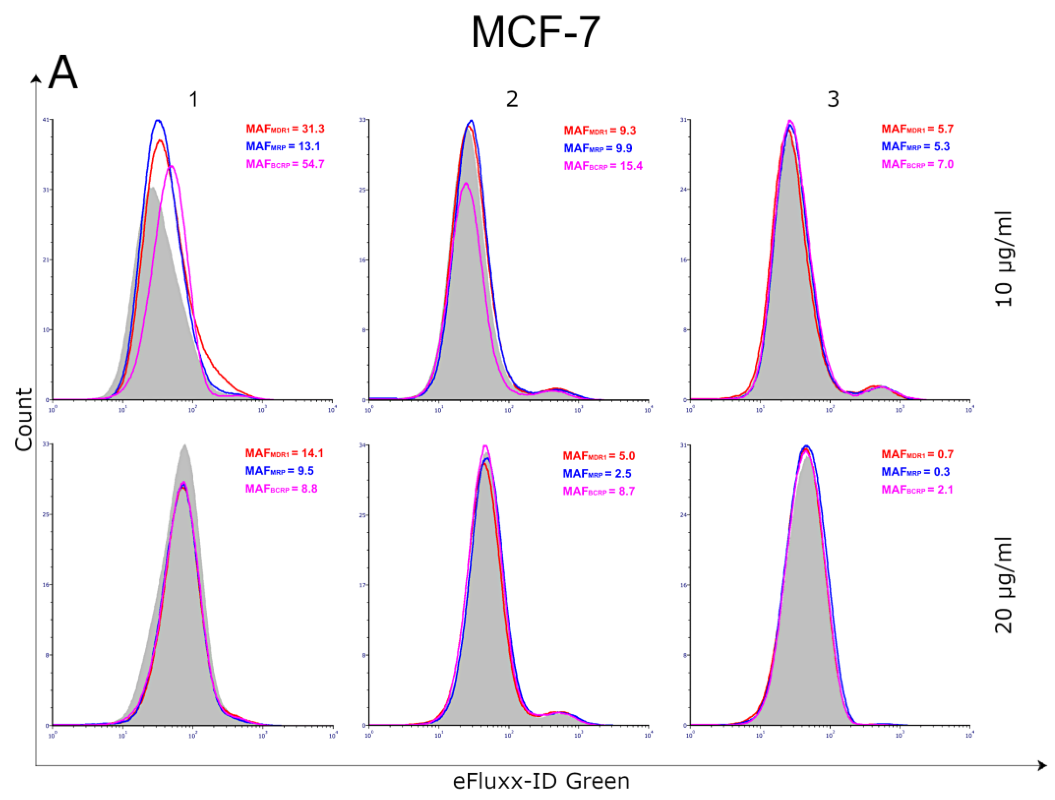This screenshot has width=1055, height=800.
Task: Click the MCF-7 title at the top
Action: (535, 32)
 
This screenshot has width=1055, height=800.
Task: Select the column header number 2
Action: (512, 99)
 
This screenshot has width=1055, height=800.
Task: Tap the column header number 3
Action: (833, 99)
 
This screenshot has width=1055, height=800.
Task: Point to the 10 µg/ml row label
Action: (1004, 258)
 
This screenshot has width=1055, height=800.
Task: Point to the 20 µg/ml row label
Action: (1004, 585)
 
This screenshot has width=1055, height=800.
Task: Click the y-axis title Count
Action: (24, 419)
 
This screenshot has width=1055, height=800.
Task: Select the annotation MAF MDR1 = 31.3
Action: (285, 129)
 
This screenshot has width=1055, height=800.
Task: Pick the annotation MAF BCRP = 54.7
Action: (285, 164)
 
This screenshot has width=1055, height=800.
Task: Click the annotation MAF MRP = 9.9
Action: (597, 148)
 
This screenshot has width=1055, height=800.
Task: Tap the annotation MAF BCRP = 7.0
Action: (917, 164)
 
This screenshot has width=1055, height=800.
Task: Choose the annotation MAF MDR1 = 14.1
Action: (284, 453)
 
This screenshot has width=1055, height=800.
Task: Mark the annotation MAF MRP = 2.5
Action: (597, 474)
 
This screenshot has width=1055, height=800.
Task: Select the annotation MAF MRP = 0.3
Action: (915, 472)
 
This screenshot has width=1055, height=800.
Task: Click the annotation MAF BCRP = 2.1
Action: (917, 490)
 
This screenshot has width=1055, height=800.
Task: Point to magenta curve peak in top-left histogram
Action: (172, 167)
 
